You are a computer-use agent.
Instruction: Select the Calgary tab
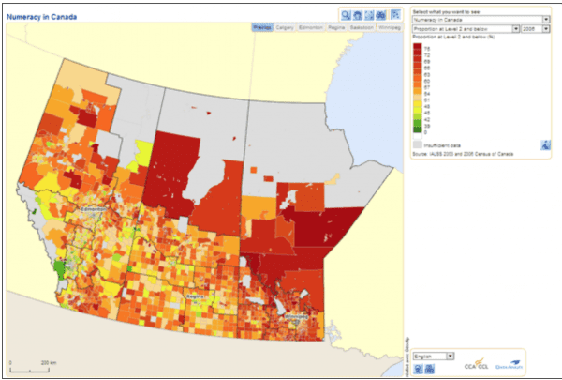tap(285, 28)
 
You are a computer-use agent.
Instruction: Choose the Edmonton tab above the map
tap(312, 28)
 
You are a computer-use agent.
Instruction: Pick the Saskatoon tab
tap(362, 28)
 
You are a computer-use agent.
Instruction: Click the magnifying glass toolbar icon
tap(346, 15)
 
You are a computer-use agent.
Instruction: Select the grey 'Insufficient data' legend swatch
tap(419, 145)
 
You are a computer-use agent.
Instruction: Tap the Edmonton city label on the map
tap(95, 209)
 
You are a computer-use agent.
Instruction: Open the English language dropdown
tap(435, 357)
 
